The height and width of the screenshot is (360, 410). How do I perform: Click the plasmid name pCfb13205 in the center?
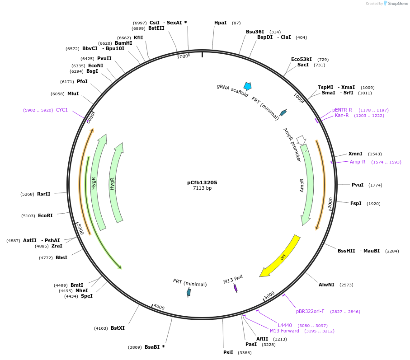pos(202,182)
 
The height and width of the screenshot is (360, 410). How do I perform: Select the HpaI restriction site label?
pos(221,23)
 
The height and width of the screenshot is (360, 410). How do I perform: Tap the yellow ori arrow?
pos(281,256)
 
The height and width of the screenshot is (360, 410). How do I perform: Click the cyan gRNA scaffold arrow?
pos(247,86)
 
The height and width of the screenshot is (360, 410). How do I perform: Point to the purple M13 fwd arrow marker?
pos(236,288)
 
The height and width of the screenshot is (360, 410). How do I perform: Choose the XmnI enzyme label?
pos(355,154)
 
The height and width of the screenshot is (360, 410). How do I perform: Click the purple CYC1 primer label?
pos(62,110)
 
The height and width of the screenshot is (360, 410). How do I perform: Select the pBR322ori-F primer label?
pos(310,311)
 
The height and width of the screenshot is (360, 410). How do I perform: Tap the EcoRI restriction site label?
pos(45,215)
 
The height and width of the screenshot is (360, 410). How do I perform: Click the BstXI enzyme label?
pos(118,328)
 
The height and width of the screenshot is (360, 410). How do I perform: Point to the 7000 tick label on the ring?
pos(182,56)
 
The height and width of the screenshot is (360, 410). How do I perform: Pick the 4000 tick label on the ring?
pos(159,307)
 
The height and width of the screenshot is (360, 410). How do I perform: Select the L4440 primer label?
pos(285,325)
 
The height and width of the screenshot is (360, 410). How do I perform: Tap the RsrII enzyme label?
pos(44,194)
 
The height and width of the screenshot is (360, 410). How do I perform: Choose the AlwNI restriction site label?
pos(326,285)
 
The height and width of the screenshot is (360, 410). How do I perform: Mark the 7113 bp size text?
pos(202,188)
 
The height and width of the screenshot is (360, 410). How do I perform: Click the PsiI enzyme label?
pos(228,352)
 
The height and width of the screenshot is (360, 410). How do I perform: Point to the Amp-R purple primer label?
pos(357,162)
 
